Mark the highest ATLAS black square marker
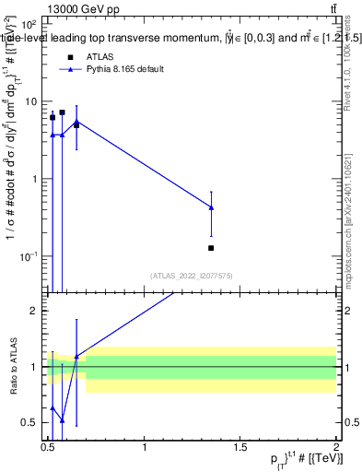point(62,112)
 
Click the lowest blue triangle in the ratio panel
point(62,419)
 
